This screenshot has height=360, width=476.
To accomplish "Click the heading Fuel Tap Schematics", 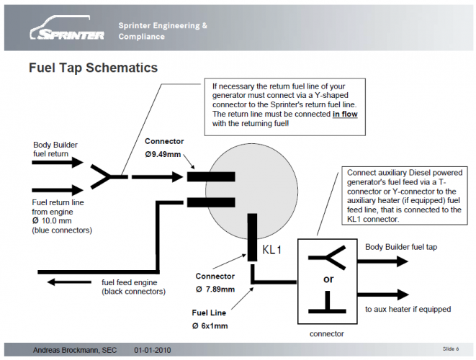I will (93, 68).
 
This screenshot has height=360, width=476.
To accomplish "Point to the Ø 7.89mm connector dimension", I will (215, 289).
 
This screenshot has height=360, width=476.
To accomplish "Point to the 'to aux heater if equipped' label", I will (408, 309).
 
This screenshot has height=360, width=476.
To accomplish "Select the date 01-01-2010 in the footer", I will (153, 350).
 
